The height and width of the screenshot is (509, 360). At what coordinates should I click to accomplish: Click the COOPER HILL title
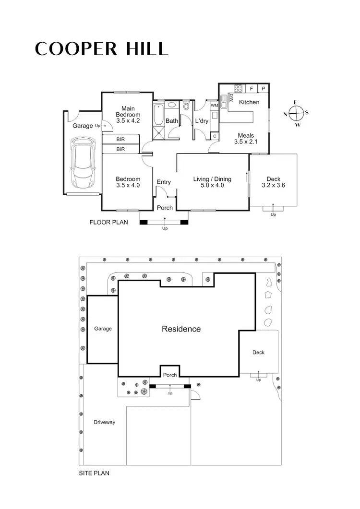(x=101, y=48)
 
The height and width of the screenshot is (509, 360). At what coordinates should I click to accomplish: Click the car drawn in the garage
(x=82, y=164)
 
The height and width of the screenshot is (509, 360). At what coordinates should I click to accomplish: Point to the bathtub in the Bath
(x=158, y=114)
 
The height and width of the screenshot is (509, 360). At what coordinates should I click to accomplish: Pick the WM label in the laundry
(x=214, y=105)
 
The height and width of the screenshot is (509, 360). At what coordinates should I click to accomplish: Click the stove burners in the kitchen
(x=238, y=88)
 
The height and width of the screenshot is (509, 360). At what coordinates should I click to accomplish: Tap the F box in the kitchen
(x=251, y=89)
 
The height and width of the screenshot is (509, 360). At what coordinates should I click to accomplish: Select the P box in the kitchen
(x=263, y=89)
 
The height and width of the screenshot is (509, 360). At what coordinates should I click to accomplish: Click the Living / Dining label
(x=212, y=182)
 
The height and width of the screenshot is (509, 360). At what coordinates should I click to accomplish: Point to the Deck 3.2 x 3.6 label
(x=273, y=182)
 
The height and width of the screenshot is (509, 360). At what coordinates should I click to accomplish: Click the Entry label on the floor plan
(x=164, y=182)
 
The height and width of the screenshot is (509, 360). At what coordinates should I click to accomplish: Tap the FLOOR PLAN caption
(x=108, y=223)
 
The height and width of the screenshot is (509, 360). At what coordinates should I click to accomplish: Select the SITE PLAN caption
(x=94, y=473)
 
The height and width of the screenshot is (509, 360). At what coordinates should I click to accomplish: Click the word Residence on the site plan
(x=181, y=329)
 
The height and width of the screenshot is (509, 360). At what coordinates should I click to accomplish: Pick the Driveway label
(x=104, y=422)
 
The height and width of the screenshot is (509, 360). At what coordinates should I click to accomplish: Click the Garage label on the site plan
(x=103, y=329)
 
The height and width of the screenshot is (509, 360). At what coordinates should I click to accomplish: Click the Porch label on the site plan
(x=170, y=375)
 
